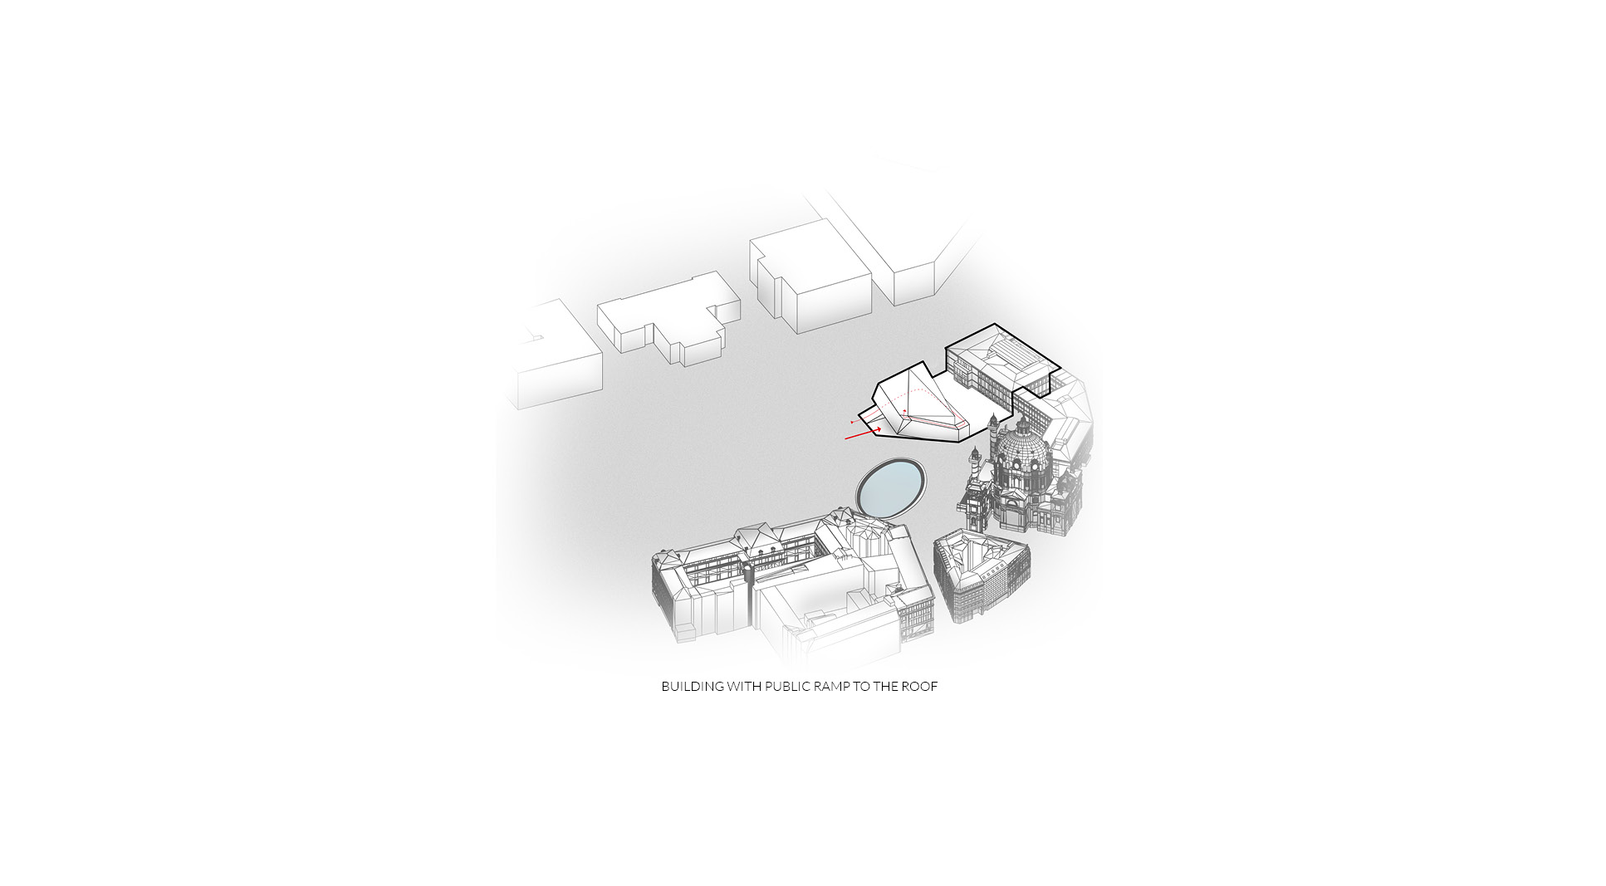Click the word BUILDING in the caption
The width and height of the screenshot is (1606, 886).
693,687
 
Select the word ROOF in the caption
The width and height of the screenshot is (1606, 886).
919,687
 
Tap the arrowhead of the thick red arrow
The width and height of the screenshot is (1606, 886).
877,429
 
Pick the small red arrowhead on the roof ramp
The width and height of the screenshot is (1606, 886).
904,412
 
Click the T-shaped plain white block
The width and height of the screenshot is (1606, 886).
668,323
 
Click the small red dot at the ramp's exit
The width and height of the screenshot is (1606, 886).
852,423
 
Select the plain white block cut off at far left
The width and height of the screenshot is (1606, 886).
556,357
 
